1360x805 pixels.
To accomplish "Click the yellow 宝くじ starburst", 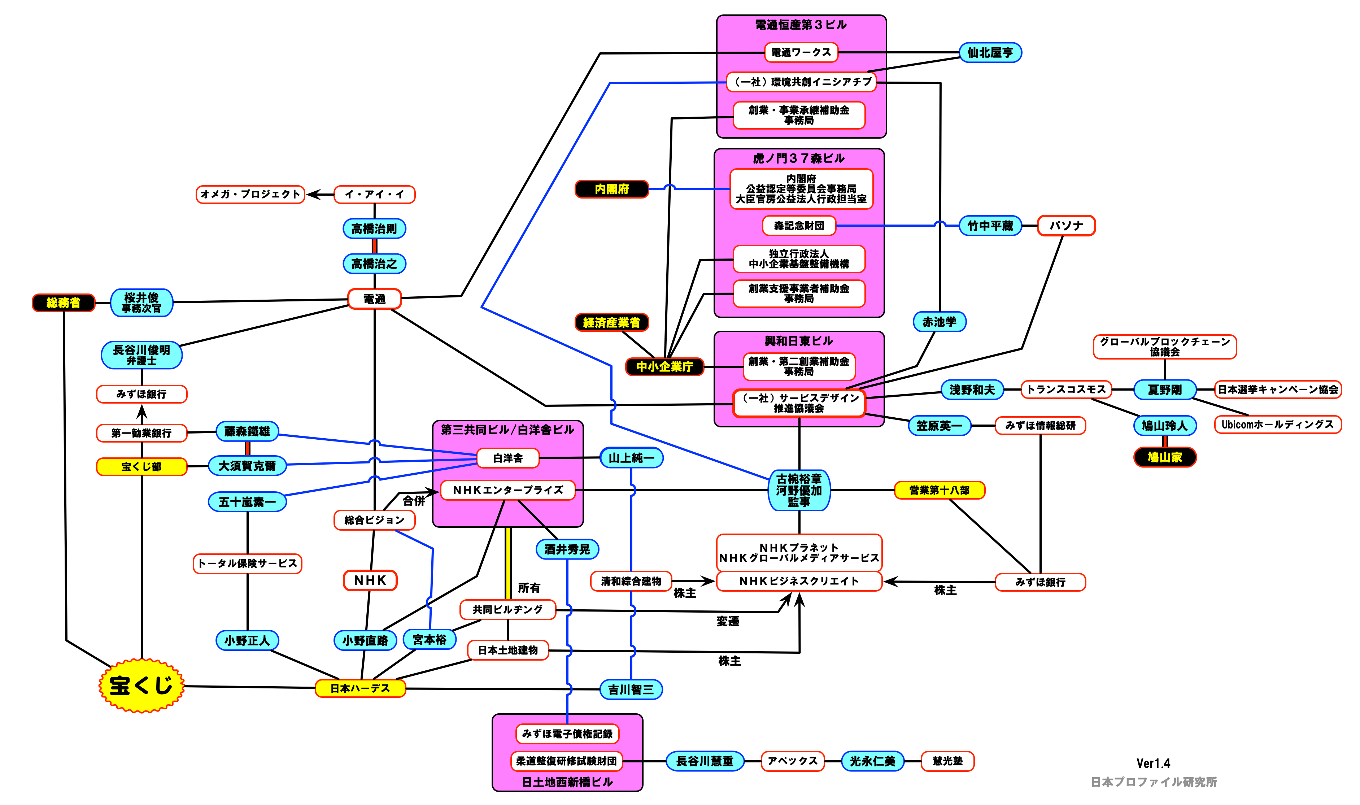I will click(x=141, y=686).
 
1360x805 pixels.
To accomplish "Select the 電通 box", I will click(x=374, y=299).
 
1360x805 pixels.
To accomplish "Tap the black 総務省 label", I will click(x=64, y=303).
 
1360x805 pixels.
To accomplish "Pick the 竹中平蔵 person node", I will click(x=990, y=226).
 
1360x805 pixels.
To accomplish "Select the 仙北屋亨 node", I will click(x=990, y=53).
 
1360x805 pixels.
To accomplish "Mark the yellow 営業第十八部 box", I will click(x=939, y=490).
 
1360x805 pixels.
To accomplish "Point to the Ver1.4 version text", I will click(x=1154, y=763).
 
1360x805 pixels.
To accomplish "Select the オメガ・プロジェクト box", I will click(x=250, y=194).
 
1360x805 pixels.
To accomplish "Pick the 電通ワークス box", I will click(x=801, y=53).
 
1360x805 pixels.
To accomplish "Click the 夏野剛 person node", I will click(x=1165, y=390).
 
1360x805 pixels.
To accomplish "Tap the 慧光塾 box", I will click(x=947, y=761).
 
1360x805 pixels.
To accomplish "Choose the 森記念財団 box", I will click(x=799, y=226).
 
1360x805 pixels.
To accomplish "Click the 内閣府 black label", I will click(x=612, y=189).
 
